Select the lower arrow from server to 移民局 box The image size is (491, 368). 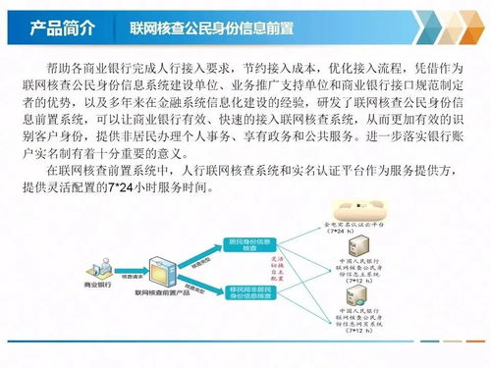[x=199, y=287]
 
